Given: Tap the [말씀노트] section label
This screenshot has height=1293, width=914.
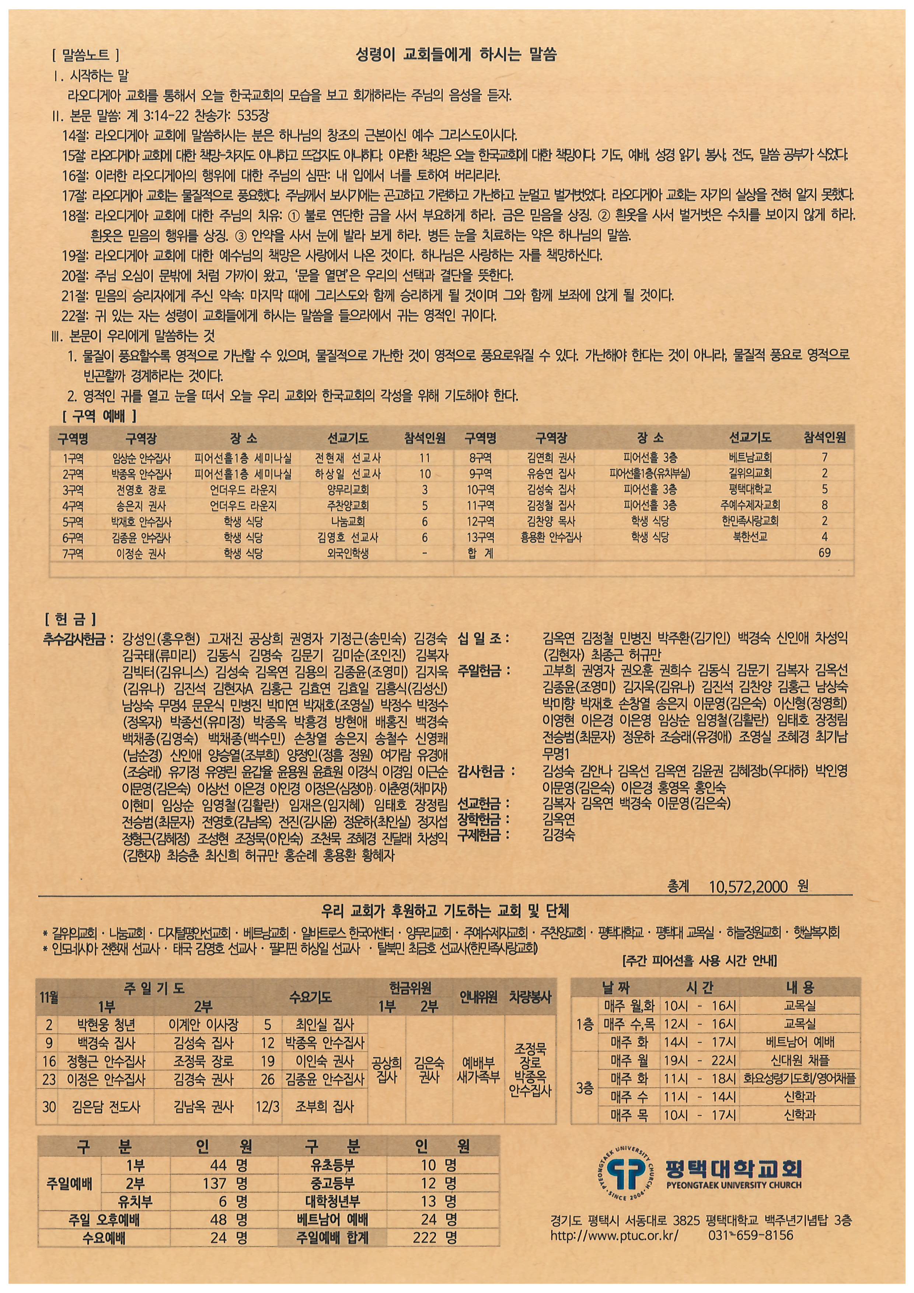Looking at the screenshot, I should point(85,55).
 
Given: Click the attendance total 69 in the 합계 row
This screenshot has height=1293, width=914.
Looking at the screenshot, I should point(824,553).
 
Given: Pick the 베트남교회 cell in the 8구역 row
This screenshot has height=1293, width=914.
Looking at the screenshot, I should point(750,458).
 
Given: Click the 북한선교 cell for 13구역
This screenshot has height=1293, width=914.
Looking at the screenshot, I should point(750,537).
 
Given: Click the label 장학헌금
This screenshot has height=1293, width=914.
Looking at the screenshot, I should point(483,819).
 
